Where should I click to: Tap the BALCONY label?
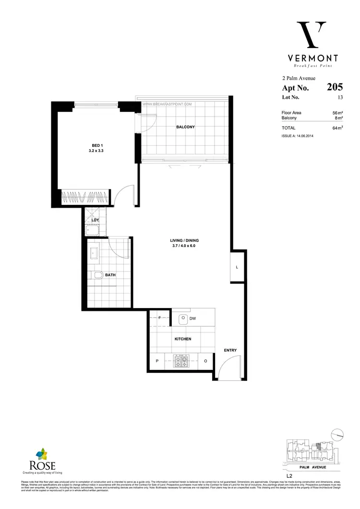[185, 127]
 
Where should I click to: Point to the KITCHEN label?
[183, 339]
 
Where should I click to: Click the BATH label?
[110, 275]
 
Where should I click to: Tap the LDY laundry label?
[95, 220]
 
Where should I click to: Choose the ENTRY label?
[230, 350]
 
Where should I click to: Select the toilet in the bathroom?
[97, 275]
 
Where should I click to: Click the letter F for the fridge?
[160, 318]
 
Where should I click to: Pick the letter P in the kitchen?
[156, 361]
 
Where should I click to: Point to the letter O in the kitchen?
[205, 361]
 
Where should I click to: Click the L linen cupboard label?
[237, 267]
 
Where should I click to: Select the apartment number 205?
[335, 87]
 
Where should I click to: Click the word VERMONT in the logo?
[310, 58]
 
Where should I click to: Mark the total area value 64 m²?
[337, 128]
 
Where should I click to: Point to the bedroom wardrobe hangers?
[84, 197]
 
